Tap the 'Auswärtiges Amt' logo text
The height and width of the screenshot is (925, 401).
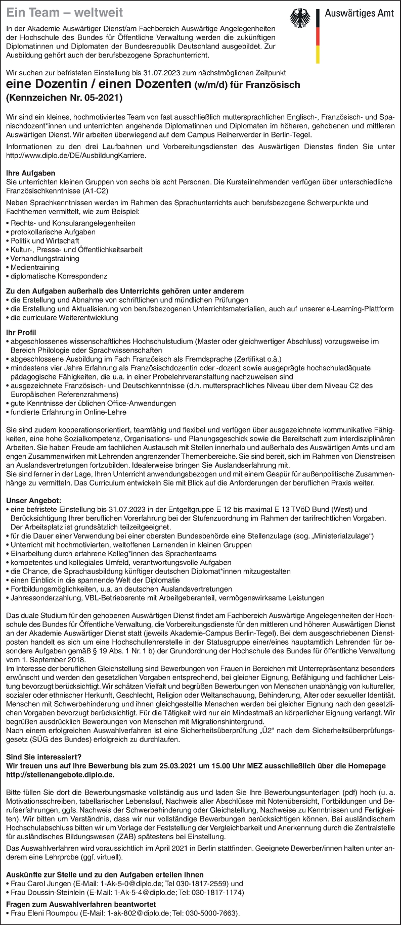click(358, 15)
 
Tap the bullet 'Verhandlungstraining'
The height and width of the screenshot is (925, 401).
click(44, 258)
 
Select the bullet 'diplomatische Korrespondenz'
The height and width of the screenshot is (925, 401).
click(58, 276)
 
